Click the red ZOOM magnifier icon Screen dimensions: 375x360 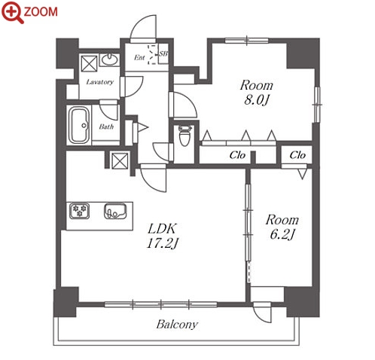pos(13,12)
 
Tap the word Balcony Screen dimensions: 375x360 pos(177,325)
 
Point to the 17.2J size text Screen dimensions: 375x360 pos(163,243)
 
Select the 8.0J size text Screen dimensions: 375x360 pos(256,100)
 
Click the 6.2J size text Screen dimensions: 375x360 pos(282,235)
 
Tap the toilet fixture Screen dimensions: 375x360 pos(184,136)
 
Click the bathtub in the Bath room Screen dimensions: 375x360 pos(79,126)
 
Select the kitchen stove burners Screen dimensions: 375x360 pos(79,211)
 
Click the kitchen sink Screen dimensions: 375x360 pos(115,211)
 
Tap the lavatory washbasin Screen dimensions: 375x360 pos(109,59)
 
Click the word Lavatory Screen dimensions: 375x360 pos(100,82)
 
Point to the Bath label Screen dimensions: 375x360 pos(106,127)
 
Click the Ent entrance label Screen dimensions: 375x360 pos(139,57)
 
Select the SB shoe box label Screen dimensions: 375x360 pos(163,53)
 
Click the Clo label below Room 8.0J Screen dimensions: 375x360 pos(237,155)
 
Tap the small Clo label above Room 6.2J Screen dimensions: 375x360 pos(297,155)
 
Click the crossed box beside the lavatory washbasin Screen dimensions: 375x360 pos(89,64)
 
